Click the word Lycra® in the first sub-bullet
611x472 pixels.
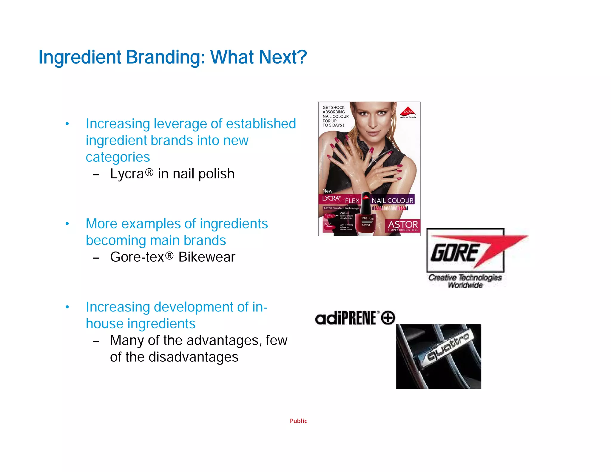[132, 174]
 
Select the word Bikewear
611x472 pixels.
[207, 257]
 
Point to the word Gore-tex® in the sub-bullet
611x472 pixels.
[141, 257]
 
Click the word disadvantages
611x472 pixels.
[193, 357]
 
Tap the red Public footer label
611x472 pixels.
[298, 421]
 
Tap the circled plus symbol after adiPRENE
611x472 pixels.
[388, 317]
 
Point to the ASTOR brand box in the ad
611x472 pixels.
[402, 226]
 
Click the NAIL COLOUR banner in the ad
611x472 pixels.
[392, 200]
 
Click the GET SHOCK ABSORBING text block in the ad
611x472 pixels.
[335, 116]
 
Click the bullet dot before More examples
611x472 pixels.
[67, 224]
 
